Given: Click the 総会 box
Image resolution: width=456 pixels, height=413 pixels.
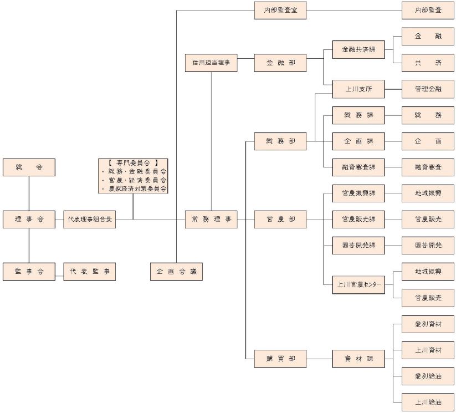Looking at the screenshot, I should point(29,167).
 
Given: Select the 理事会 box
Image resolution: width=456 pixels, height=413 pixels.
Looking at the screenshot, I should point(29,220).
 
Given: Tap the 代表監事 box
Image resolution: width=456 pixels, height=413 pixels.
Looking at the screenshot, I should point(89,272).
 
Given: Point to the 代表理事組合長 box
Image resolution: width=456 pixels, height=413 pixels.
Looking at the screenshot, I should point(89,220).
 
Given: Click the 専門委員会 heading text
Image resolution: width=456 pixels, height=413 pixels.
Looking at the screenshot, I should point(133,163).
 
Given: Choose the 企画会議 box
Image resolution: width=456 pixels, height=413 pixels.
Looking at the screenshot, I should point(176,272).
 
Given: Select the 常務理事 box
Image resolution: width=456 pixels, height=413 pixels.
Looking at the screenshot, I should point(211,220).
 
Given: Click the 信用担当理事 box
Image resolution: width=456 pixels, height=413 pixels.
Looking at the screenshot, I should point(211,63).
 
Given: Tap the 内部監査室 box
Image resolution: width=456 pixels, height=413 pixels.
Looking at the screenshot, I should point(280,11).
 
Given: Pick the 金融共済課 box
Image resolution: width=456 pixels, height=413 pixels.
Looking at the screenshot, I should point(358,50).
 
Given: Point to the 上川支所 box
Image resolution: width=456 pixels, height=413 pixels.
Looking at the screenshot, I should point(358,89).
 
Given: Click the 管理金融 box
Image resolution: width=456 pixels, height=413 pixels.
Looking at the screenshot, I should point(428,89).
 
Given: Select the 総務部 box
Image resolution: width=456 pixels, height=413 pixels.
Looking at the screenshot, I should point(280,141).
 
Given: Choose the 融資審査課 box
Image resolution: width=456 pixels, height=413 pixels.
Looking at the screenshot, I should point(358,167).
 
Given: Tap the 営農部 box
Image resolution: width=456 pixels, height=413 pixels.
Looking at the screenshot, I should point(280,220).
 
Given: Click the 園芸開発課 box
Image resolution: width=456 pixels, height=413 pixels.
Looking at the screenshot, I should point(358,245).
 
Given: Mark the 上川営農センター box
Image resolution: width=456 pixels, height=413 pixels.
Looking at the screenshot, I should point(358,284).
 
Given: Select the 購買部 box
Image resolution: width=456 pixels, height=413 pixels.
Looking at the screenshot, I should point(280,359).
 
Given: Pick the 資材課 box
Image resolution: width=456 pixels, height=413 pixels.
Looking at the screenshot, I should point(358,359).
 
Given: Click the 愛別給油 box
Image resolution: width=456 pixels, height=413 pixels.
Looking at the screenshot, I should point(428,376).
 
